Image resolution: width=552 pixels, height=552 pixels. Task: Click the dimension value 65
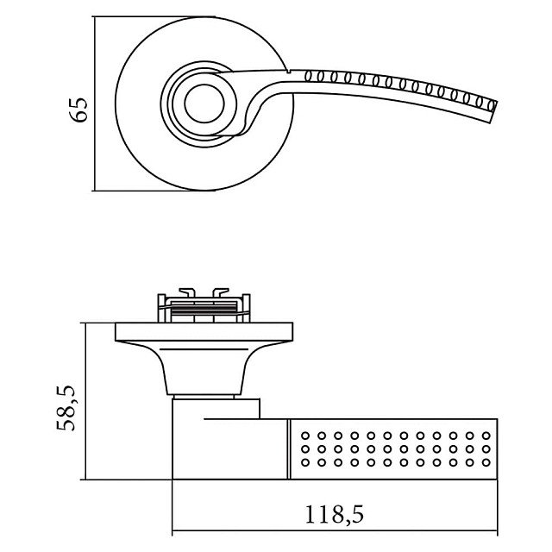tap(78, 110)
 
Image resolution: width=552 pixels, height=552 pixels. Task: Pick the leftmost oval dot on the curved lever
tap(309, 76)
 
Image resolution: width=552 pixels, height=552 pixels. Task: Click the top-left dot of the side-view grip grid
tap(306, 435)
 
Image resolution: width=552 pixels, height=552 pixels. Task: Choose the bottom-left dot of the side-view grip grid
tap(306, 463)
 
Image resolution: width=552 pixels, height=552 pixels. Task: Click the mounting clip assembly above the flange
tap(204, 304)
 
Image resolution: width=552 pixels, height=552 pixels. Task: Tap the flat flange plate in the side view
tap(204, 330)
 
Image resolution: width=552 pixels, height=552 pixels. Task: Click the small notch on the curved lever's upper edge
tap(290, 69)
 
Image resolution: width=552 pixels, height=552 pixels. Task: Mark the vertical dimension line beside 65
tap(94, 103)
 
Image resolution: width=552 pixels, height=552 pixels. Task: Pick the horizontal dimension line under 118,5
tap(336, 531)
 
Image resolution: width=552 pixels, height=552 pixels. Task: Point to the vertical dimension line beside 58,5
tap(84, 401)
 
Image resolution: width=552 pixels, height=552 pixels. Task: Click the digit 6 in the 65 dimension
tap(78, 118)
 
